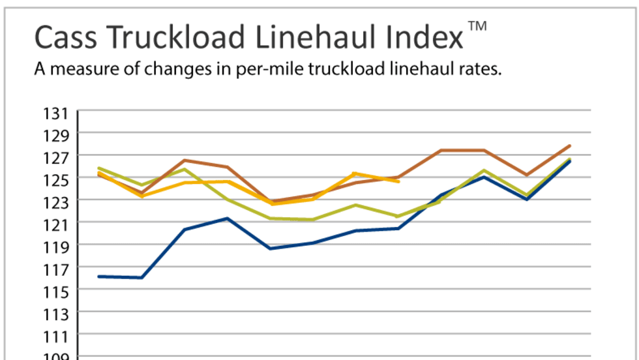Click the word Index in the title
coord(423,38)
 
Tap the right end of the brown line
coord(570,146)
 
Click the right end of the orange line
coord(398,181)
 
